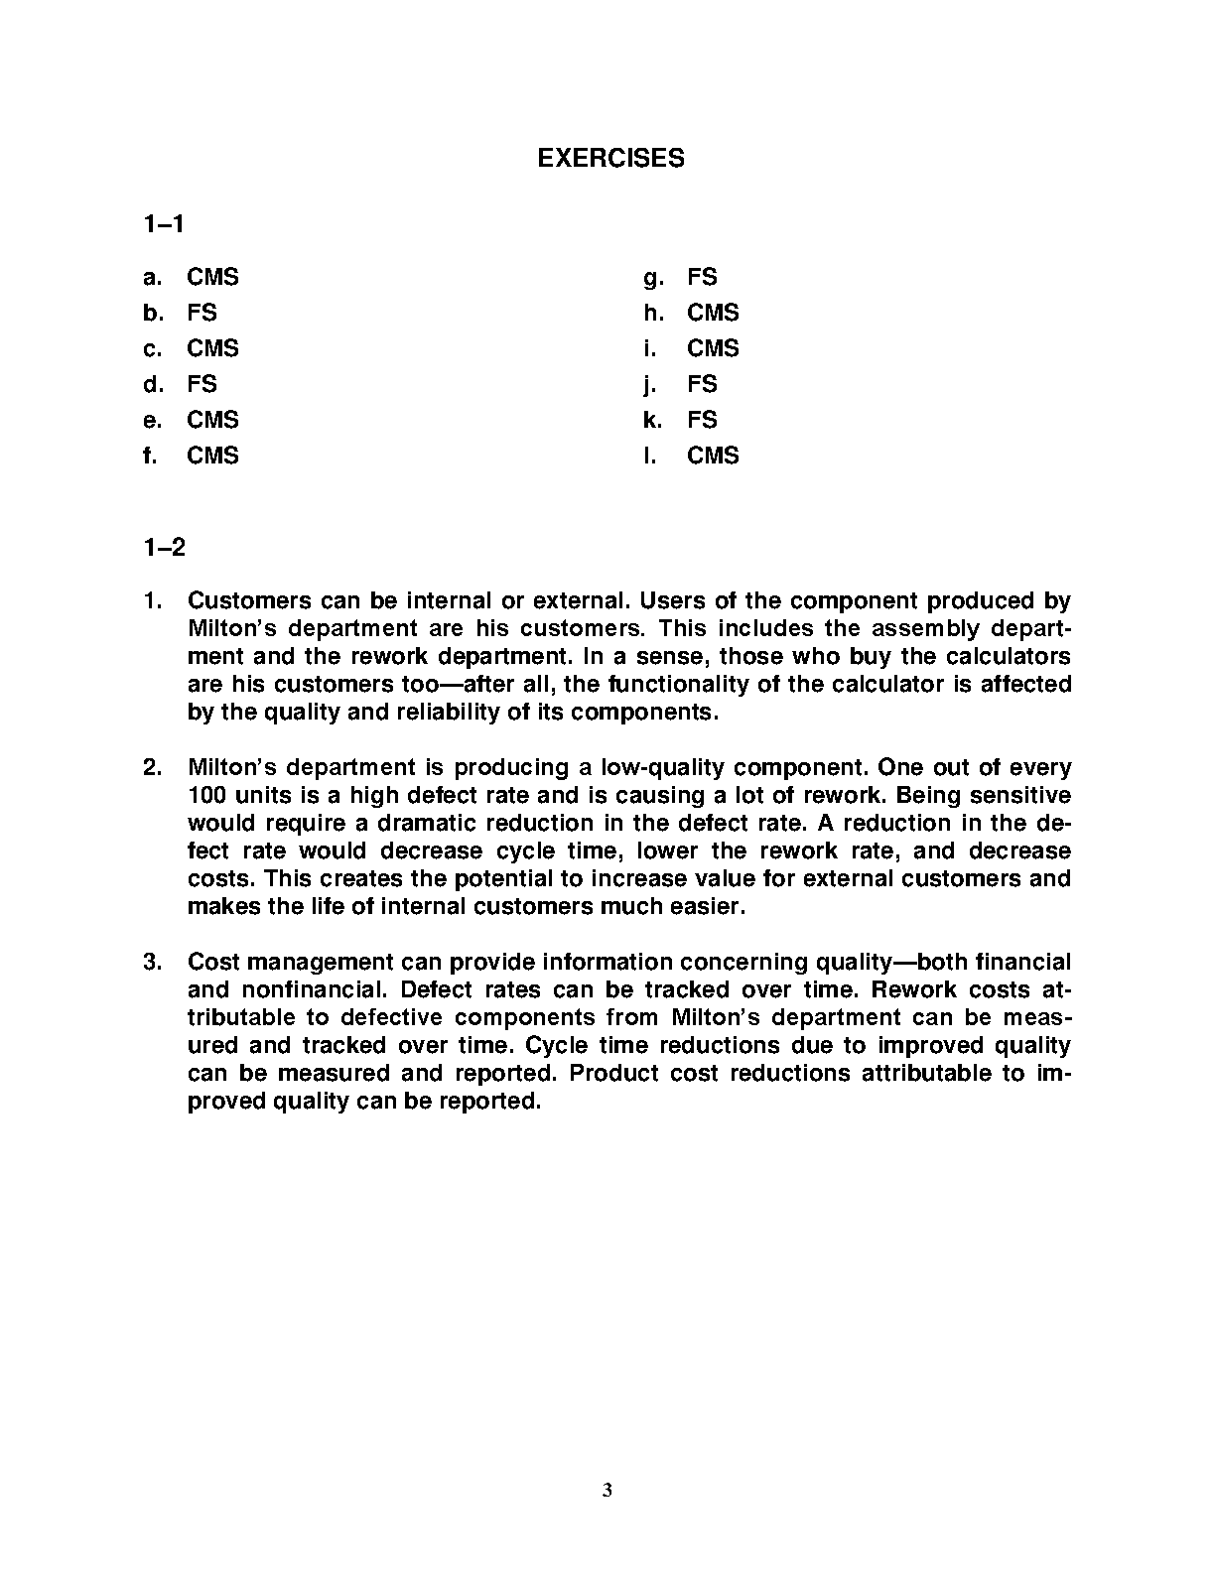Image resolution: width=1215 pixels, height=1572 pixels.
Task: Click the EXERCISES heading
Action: point(610,159)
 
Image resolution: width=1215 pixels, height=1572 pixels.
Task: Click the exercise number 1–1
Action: point(164,225)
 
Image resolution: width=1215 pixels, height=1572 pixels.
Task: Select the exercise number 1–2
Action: point(164,547)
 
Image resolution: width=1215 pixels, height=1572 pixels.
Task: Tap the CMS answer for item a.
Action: point(212,278)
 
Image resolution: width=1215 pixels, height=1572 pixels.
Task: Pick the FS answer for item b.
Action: point(202,314)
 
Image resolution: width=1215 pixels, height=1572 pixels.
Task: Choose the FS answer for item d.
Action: point(202,385)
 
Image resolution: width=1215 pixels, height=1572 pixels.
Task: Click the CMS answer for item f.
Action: point(212,457)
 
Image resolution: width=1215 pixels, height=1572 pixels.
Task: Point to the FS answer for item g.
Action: point(702,278)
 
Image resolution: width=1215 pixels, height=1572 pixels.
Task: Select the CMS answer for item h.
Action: point(713,314)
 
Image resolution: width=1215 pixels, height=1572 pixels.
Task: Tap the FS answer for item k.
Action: point(702,421)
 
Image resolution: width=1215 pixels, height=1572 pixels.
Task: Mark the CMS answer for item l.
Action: point(713,457)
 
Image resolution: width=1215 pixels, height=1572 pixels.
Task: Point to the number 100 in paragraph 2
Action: point(205,796)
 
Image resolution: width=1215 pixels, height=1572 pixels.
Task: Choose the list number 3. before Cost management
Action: point(153,963)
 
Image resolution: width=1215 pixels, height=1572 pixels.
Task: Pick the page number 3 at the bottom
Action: point(607,1490)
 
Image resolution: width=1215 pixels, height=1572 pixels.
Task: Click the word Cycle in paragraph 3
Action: point(555,1046)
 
